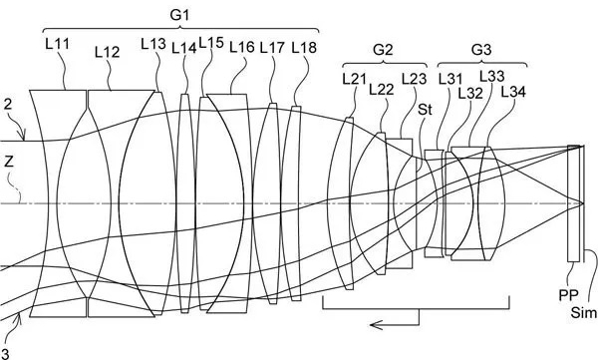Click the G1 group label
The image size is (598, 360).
coord(179,15)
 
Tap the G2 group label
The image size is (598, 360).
coord(383,50)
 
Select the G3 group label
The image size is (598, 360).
coord(481,50)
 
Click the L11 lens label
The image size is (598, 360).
coord(58,44)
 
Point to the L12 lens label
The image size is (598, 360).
coord(108,52)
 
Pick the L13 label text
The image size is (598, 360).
coord(153,44)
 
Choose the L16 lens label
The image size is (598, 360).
coord(242,47)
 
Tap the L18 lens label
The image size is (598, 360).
coord(304,48)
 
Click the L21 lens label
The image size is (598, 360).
coord(354,79)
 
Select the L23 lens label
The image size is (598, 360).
coord(415,79)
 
